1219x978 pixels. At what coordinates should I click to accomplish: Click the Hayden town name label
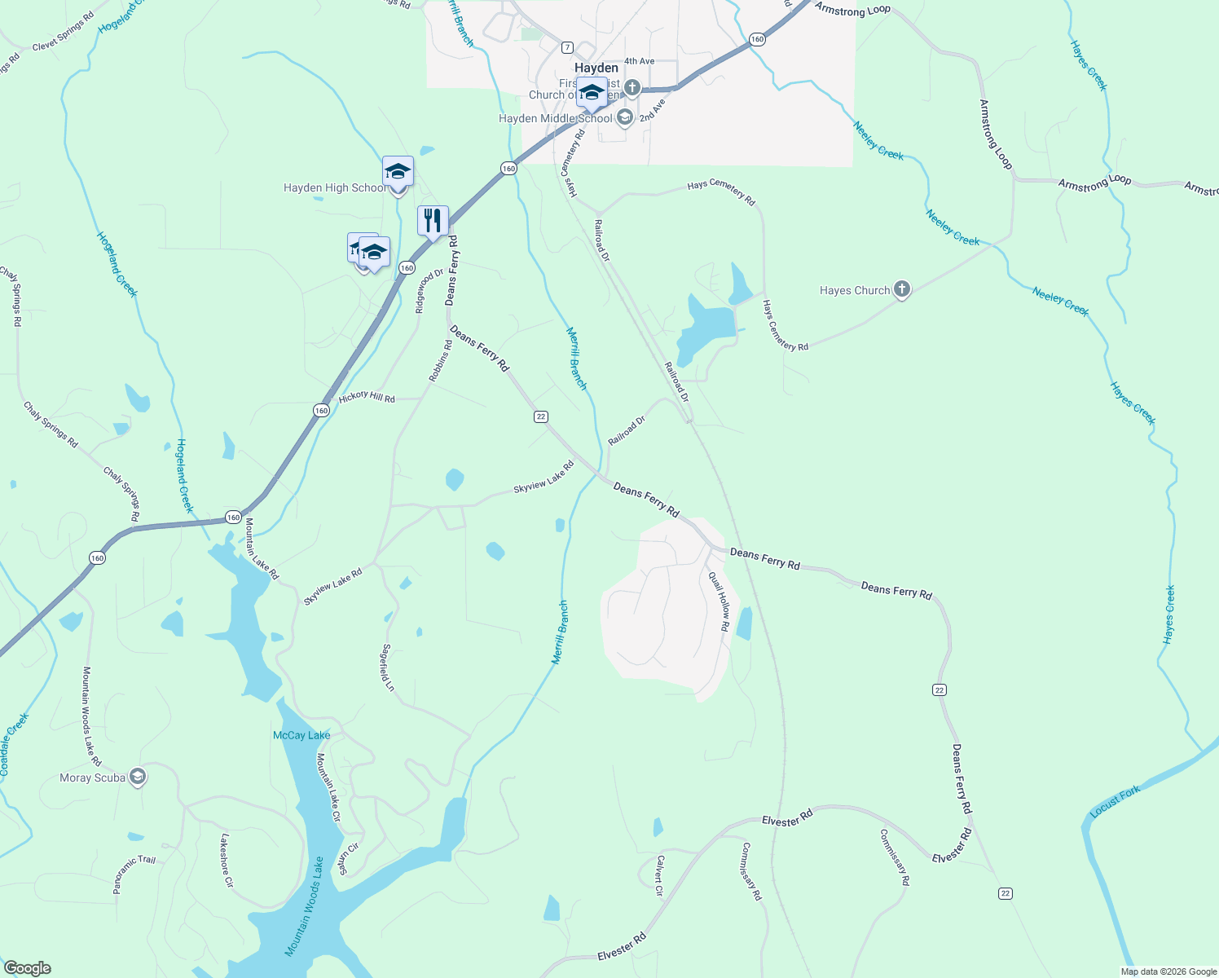pyautogui.click(x=596, y=68)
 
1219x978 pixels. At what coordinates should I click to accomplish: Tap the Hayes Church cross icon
pyautogui.click(x=901, y=289)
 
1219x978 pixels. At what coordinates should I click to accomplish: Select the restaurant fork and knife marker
pyautogui.click(x=433, y=220)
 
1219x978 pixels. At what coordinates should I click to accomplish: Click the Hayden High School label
pyautogui.click(x=335, y=188)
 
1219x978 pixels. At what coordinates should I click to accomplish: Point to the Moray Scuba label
pyautogui.click(x=93, y=778)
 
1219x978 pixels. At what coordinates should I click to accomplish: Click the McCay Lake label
pyautogui.click(x=301, y=735)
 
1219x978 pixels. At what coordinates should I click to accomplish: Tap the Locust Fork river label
pyautogui.click(x=1115, y=802)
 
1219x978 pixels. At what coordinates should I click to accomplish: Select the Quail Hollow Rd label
pyautogui.click(x=719, y=601)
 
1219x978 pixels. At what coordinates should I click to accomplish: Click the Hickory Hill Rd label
pyautogui.click(x=367, y=398)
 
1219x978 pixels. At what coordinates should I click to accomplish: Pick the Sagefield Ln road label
pyautogui.click(x=388, y=668)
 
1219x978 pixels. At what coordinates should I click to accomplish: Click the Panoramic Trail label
pyautogui.click(x=134, y=874)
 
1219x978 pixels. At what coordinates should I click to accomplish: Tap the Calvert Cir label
pyautogui.click(x=659, y=876)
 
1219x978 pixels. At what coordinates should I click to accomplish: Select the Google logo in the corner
pyautogui.click(x=27, y=968)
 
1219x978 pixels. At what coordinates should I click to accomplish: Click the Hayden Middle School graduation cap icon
pyautogui.click(x=625, y=117)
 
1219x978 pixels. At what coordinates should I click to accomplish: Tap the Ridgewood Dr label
pyautogui.click(x=429, y=291)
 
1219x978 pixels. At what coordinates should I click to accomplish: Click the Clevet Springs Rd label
pyautogui.click(x=63, y=32)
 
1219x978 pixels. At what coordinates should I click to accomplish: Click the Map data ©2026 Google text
pyautogui.click(x=1168, y=971)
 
